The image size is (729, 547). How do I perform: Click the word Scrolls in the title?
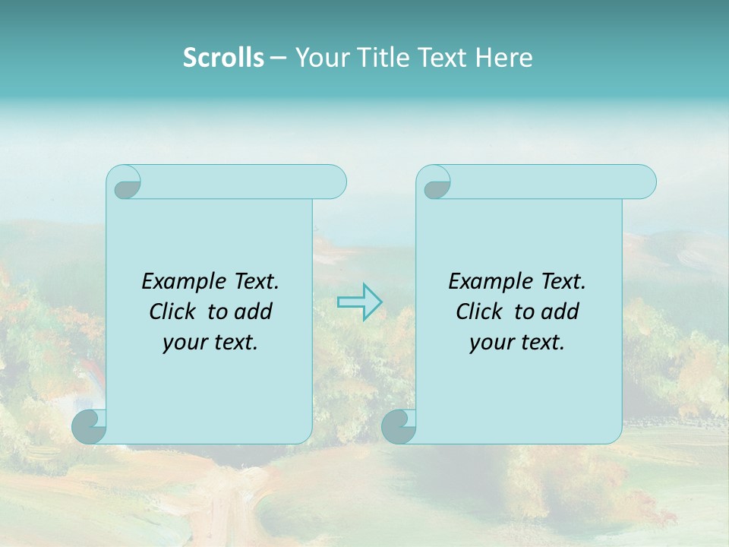click(223, 58)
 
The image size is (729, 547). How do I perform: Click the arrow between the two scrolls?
click(359, 302)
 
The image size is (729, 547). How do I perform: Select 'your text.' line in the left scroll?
click(210, 343)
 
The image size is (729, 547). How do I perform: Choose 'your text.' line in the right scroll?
click(517, 343)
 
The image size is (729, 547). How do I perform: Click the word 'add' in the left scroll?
click(254, 311)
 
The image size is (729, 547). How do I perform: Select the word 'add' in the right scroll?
click(560, 311)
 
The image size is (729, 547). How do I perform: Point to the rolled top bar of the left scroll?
click(243, 182)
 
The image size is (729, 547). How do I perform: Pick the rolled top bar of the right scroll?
click(553, 182)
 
